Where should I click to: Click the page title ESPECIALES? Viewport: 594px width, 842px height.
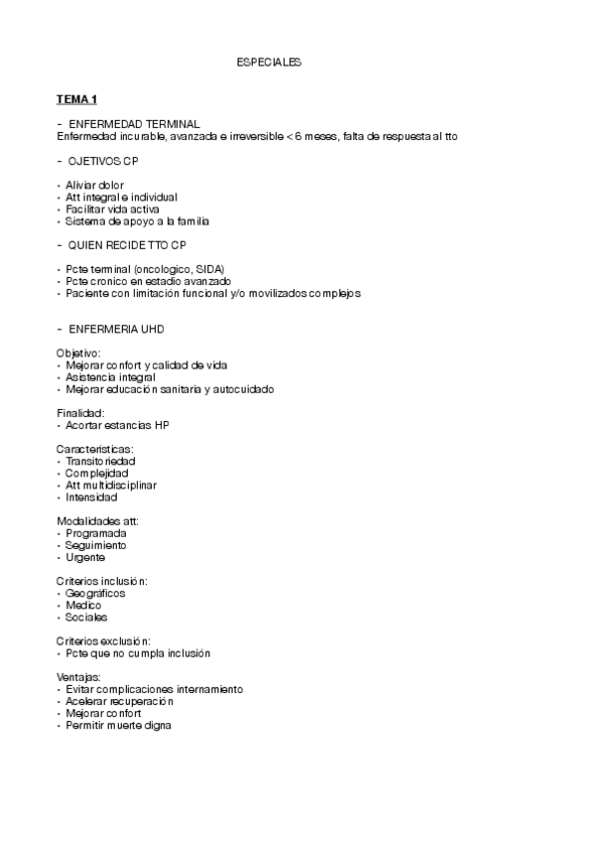(269, 63)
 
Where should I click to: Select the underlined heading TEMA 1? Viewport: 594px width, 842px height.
(76, 98)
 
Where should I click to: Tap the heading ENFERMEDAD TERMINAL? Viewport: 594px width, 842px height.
(134, 123)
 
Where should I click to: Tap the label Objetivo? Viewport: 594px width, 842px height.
(78, 353)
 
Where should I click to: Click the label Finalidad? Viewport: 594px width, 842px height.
(80, 413)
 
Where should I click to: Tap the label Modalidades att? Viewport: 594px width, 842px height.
(98, 521)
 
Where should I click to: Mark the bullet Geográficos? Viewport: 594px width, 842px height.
(97, 593)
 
